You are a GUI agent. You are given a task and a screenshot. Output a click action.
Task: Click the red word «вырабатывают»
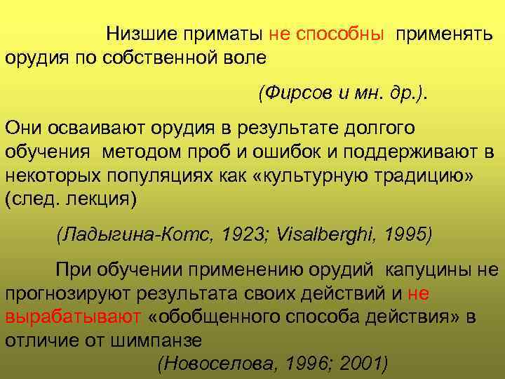(73, 317)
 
